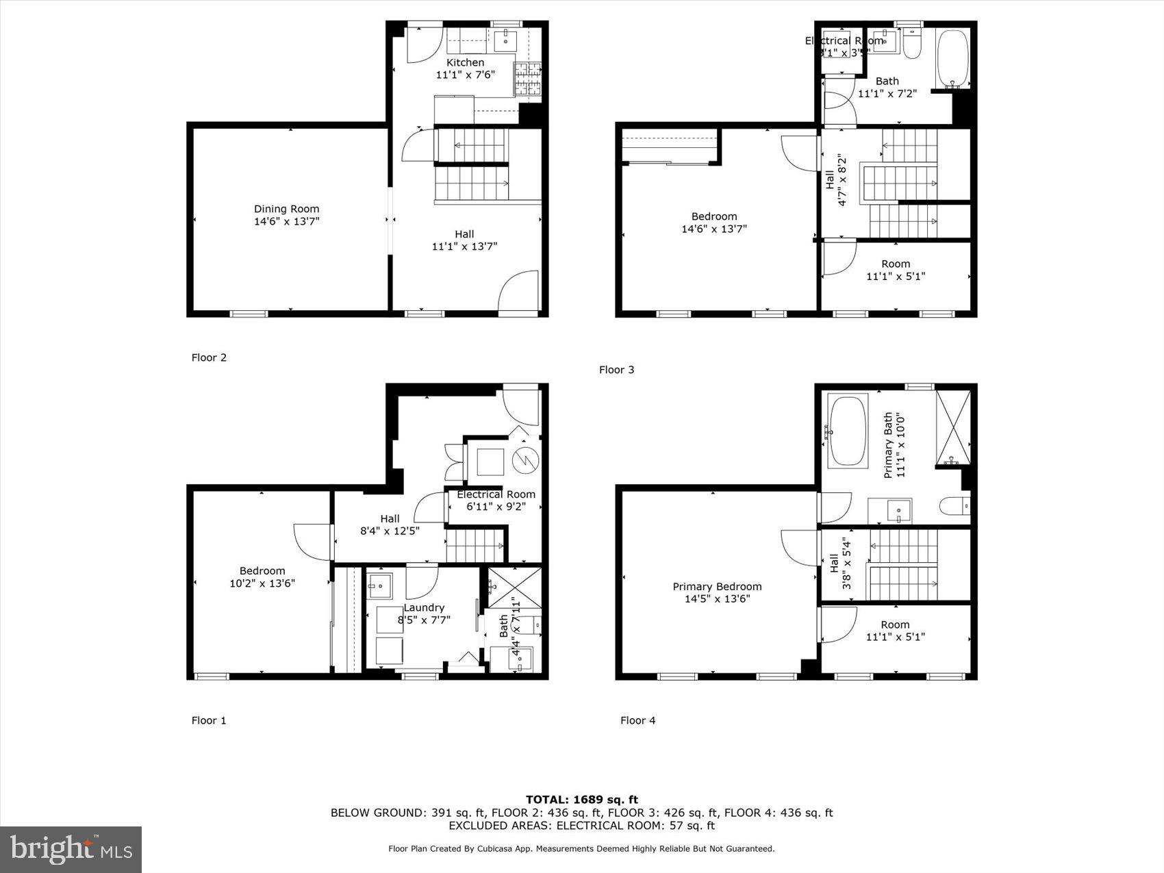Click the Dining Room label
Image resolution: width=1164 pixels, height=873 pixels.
pos(286,210)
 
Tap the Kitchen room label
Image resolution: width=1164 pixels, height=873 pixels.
pos(465,63)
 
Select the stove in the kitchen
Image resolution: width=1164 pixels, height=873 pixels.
pos(527,78)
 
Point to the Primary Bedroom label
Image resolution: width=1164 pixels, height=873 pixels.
pos(717,587)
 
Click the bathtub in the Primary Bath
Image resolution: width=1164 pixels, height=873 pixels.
pos(848,431)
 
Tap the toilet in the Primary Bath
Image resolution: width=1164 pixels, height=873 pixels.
pos(953,507)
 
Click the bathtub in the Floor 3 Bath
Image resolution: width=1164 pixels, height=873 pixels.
pos(952,58)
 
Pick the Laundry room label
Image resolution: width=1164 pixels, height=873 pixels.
pos(424,608)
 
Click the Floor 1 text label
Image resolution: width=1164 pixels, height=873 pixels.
pos(209,720)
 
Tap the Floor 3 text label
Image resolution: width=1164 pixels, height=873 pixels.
pos(616,370)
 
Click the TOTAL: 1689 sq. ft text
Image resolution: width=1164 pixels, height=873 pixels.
pos(581,799)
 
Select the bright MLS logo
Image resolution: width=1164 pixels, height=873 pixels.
pos(71,849)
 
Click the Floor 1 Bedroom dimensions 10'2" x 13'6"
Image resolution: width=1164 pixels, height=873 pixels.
pos(262,583)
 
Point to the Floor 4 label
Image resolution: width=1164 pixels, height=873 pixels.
pos(637,720)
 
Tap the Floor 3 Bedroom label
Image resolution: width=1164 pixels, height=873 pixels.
pos(713,216)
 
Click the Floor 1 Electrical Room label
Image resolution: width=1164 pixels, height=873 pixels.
pos(496,494)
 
